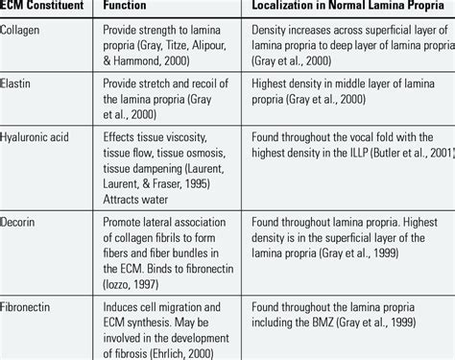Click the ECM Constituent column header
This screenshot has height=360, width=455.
44,9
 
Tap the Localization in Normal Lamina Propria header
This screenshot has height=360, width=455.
341,9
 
